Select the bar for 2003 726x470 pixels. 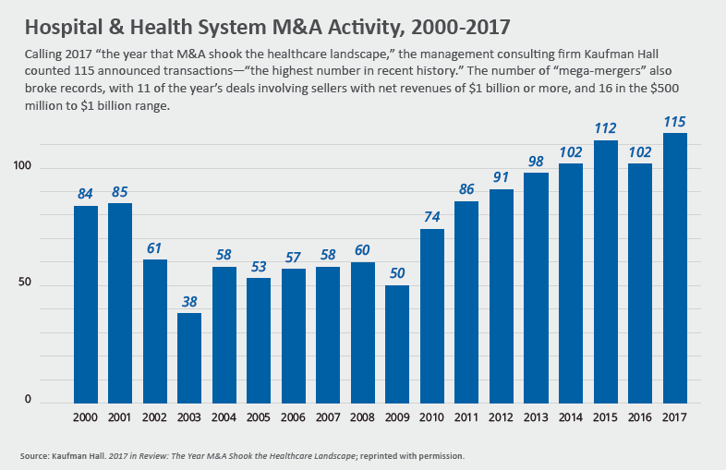[189, 357]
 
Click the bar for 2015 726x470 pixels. [605, 271]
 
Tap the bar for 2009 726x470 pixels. [397, 343]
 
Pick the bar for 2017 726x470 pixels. [674, 268]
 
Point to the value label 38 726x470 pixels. [189, 301]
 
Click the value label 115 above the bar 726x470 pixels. [674, 121]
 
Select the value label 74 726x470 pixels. [431, 217]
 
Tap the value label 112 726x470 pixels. [605, 128]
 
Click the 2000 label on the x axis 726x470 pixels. [86, 418]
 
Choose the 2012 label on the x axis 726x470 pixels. [501, 418]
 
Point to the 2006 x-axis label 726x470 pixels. [293, 418]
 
